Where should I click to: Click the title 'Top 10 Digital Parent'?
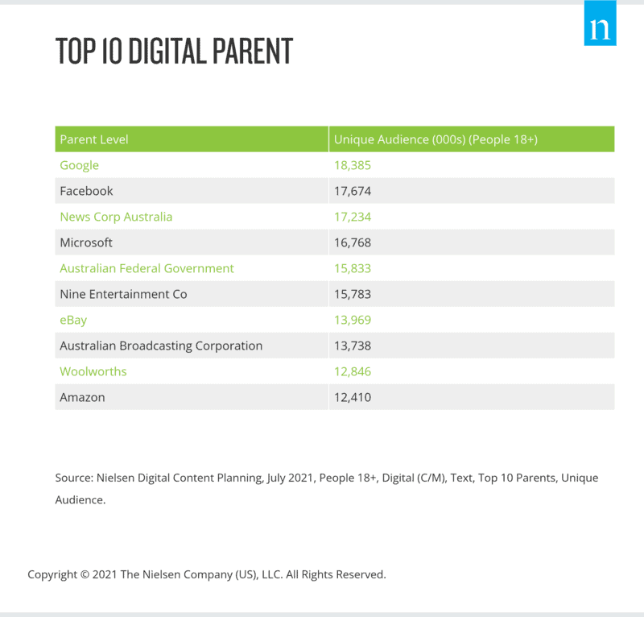(x=174, y=52)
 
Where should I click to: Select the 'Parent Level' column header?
(x=94, y=139)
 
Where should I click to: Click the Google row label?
(x=79, y=165)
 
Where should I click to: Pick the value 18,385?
(x=352, y=165)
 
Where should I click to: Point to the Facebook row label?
(x=86, y=191)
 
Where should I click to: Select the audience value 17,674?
(x=352, y=191)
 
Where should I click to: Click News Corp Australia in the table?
(x=116, y=217)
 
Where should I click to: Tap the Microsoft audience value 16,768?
(x=352, y=242)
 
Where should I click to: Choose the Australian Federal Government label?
(x=147, y=268)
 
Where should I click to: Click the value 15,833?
(x=352, y=268)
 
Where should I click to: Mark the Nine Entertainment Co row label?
(x=123, y=294)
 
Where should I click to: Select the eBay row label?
(x=73, y=320)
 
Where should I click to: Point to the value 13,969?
(x=352, y=320)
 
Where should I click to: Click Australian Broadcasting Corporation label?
(x=161, y=346)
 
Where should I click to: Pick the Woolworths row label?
(x=93, y=371)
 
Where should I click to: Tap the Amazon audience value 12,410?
(x=352, y=397)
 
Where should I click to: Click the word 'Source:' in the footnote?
(x=74, y=478)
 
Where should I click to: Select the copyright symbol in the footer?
(x=84, y=575)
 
